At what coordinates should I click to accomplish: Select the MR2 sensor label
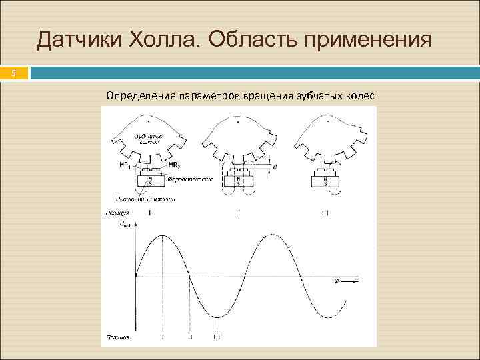[x=174, y=165]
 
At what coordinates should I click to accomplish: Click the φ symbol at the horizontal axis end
[x=335, y=282]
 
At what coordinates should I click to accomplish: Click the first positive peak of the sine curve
[x=163, y=235]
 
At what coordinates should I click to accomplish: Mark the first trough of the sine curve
[x=217, y=317]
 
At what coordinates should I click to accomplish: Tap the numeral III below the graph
[x=217, y=337]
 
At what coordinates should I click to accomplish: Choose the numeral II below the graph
[x=190, y=337]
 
